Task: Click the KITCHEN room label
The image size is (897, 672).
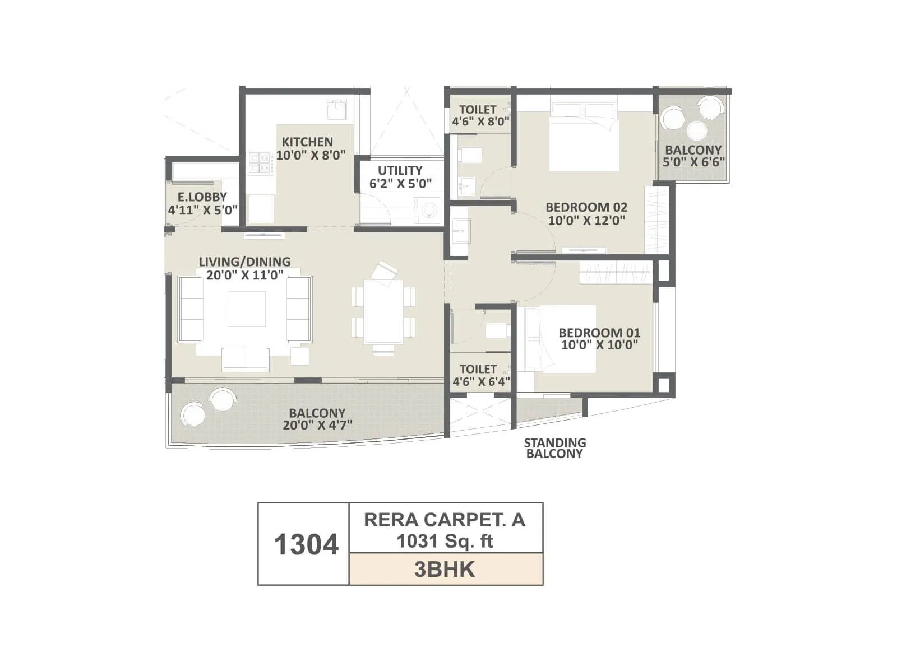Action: tap(307, 142)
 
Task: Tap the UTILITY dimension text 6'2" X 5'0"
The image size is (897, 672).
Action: tap(400, 184)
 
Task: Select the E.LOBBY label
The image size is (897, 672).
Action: tap(202, 197)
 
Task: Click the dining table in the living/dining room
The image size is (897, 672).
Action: tap(383, 312)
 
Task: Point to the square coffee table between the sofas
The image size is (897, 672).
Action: tap(247, 309)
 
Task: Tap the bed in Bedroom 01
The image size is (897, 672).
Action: tap(561, 338)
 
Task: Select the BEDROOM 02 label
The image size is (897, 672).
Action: tap(586, 207)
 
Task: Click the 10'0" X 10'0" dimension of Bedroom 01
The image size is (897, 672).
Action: tap(599, 346)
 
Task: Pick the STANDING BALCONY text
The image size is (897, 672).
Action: tap(554, 448)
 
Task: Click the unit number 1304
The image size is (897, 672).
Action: tap(306, 544)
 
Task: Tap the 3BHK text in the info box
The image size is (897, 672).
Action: tap(445, 570)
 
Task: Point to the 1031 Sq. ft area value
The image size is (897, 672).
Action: tap(445, 542)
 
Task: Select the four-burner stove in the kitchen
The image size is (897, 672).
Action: tap(260, 163)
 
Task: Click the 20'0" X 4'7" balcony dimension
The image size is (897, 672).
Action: tap(317, 425)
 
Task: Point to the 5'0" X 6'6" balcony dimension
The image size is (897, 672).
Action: tap(693, 162)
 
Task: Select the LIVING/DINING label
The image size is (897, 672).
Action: tap(244, 262)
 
